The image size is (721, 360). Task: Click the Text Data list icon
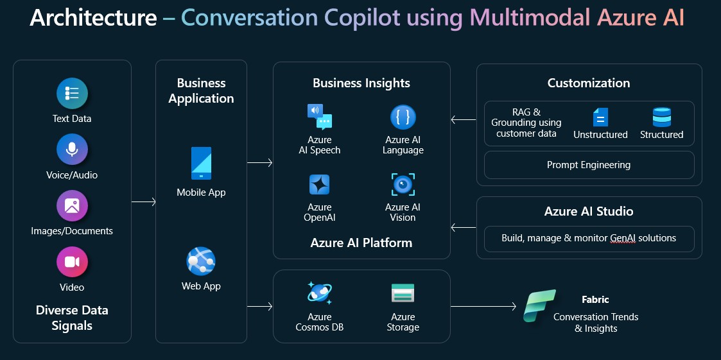pos(72,94)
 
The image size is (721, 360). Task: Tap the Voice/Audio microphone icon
pos(72,150)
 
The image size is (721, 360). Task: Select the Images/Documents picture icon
pos(72,206)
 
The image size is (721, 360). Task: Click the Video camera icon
pos(72,262)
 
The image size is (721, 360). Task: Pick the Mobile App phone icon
pos(201,164)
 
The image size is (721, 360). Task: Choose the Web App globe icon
pos(201,261)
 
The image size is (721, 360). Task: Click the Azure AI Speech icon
pos(320,117)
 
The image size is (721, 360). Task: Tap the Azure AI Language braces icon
pos(403,117)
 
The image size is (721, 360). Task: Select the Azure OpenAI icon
pos(320,185)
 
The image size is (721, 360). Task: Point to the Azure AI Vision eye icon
pos(403,185)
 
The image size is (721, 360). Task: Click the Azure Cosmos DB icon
pos(320,293)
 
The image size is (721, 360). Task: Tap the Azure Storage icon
pos(403,293)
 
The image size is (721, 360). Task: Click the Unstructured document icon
pos(600,117)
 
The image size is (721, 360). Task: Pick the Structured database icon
pos(661,117)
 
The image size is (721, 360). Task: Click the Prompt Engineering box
pos(589,165)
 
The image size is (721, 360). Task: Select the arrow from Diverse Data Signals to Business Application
pos(144,202)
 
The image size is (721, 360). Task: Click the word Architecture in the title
pos(93,18)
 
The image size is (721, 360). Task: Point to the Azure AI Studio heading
pos(589,211)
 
